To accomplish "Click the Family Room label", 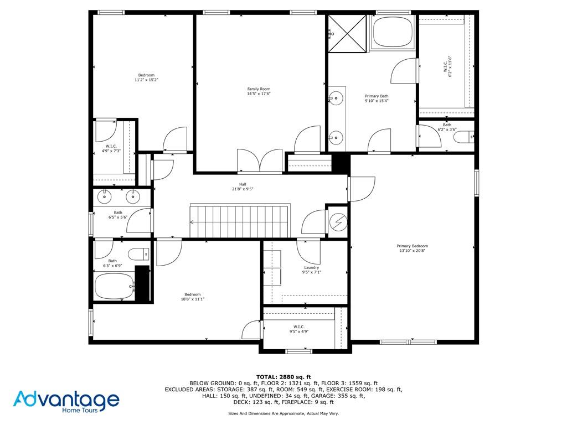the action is coord(259,89).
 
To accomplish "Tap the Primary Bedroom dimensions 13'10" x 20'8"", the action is coord(412,251).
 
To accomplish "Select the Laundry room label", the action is coord(311,267).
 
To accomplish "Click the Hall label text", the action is coord(243,184).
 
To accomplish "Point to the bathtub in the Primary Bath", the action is coord(393,32).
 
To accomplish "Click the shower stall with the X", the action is coord(347,34).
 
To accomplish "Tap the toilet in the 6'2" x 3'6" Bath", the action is coord(463,137).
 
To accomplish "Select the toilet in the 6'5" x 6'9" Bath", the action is coord(139,254).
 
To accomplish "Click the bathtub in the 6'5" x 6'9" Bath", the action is coord(115,286).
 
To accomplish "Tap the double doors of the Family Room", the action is coord(260,160).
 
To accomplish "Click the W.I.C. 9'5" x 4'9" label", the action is coord(298,329).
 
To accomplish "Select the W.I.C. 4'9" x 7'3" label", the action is coord(111,148).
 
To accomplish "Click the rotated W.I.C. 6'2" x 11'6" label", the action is coord(447,66).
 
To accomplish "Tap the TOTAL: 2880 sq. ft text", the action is coord(283,377).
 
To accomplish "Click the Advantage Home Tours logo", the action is coord(66,402).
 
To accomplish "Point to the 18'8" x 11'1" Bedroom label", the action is coord(192,297).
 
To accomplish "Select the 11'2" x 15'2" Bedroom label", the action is coord(146,77).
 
